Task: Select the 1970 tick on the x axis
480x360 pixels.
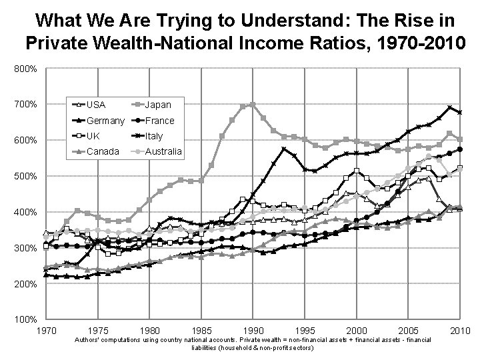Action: point(46,331)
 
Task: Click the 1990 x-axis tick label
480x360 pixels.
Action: point(253,331)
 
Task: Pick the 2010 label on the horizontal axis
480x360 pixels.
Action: point(460,331)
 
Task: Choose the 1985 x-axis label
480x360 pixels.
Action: point(201,331)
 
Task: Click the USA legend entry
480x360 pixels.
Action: point(96,105)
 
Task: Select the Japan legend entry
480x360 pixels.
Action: point(158,105)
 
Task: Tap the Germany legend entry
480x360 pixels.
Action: point(105,121)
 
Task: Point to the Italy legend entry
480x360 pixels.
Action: point(154,136)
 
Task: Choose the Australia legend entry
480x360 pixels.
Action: point(163,151)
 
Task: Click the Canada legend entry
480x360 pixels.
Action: point(102,151)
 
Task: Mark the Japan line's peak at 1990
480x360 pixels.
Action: point(252,104)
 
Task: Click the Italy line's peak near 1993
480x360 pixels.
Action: point(284,148)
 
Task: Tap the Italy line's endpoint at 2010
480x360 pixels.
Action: point(460,113)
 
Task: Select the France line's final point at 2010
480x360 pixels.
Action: point(460,149)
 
